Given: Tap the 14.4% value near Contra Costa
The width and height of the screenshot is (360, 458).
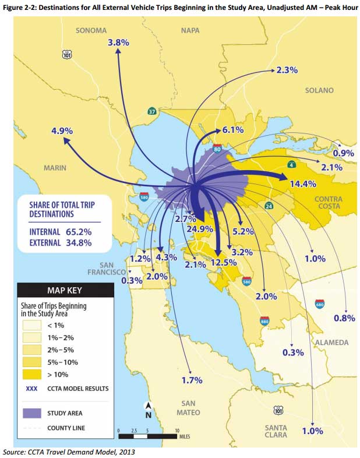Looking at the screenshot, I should coord(302,184).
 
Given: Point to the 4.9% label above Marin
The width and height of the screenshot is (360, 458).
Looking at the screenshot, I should coord(62,131).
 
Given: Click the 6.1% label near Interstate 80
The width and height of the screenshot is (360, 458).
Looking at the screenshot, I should coord(232,130).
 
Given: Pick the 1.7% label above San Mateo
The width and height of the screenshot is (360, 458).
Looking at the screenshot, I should coord(192,380).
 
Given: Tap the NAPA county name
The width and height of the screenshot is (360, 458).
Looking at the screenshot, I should coord(190,30).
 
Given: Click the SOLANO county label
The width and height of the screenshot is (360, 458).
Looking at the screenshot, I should coord(319,90).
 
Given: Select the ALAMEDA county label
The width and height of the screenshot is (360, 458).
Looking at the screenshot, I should coord(332,342).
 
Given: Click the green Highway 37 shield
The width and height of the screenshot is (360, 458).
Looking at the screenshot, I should coord(151,111).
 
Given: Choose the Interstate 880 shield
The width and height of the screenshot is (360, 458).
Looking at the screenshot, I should coord(264,320).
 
